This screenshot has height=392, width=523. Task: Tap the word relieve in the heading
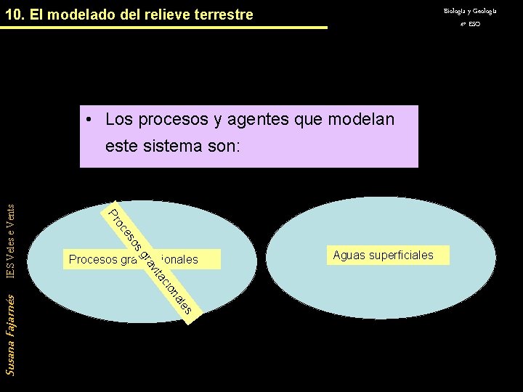(166, 15)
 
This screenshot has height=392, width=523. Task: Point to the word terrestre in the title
(222, 15)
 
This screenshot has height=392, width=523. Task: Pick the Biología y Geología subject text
(470, 11)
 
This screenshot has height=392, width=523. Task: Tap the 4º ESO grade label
(470, 24)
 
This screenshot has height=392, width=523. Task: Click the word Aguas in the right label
(349, 255)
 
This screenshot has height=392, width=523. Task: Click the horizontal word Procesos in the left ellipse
(92, 259)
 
